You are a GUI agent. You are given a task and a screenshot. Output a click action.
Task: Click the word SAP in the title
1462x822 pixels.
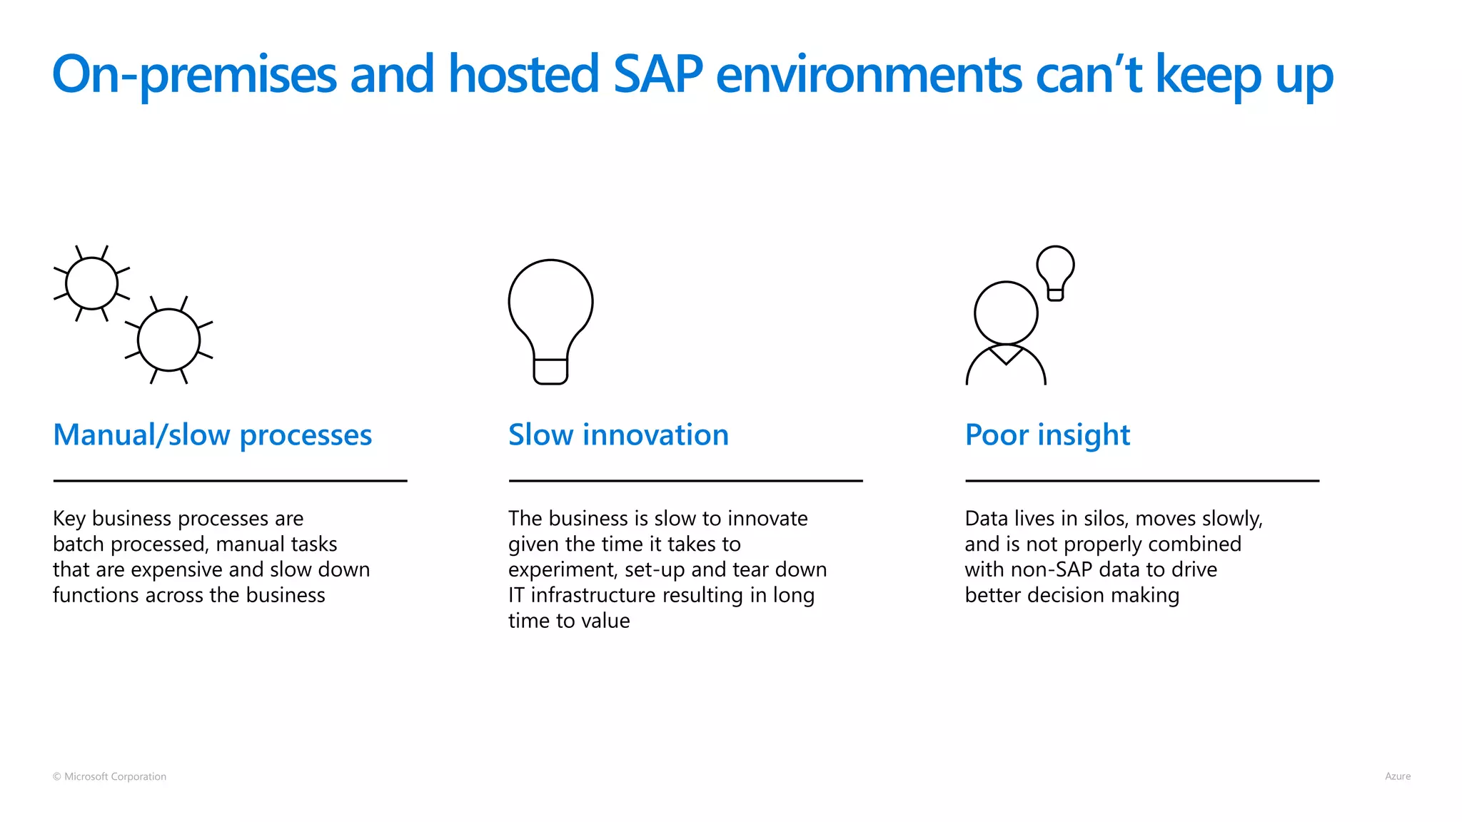657,74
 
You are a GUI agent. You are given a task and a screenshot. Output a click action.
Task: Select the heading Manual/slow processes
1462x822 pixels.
212,435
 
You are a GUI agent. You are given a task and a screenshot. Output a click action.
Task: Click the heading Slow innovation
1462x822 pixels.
618,435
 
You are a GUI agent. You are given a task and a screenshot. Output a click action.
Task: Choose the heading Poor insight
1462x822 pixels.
1047,435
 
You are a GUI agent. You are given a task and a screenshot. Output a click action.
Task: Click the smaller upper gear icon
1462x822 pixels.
91,283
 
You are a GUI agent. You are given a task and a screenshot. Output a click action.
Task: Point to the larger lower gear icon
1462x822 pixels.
168,340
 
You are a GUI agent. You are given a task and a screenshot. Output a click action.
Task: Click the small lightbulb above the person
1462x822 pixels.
1055,272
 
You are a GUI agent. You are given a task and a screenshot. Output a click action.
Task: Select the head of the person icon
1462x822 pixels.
1006,313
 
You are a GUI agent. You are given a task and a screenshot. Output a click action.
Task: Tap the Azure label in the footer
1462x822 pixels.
1397,776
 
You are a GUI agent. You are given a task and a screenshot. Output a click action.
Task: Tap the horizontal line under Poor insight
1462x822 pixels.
1141,481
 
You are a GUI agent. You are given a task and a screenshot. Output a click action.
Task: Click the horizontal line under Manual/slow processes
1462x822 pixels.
230,481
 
